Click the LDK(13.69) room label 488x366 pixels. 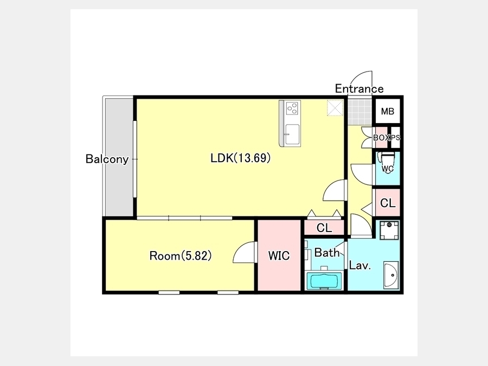[x=240, y=158]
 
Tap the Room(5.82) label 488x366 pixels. [x=181, y=256]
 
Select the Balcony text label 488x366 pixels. [x=107, y=159]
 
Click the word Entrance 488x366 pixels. [x=359, y=89]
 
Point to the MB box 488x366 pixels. [x=388, y=111]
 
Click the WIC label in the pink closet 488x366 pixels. [x=279, y=255]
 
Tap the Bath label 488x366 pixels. [x=326, y=253]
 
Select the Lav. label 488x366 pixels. [x=360, y=266]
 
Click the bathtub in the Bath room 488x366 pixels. [x=324, y=281]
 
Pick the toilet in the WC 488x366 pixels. [x=387, y=162]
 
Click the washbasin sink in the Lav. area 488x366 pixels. [x=391, y=275]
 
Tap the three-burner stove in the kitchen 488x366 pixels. [x=293, y=108]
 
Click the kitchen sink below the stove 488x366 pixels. [x=292, y=134]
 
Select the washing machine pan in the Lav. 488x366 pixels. [x=389, y=230]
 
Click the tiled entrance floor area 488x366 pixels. [x=360, y=111]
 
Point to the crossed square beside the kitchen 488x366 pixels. [x=335, y=108]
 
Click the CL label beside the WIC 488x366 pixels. [x=324, y=228]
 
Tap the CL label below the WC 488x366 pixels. [x=388, y=203]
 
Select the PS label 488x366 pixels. [x=395, y=137]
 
